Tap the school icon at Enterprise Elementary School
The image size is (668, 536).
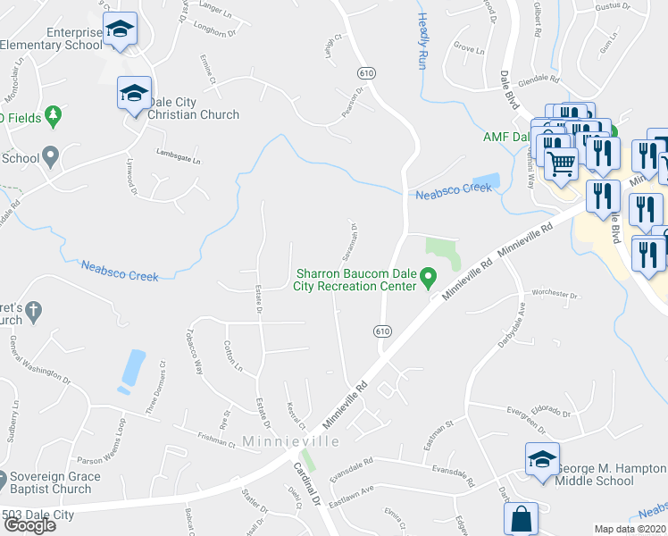click(x=120, y=29)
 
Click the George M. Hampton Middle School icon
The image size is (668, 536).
click(x=542, y=460)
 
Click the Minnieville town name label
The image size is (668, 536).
click(x=290, y=441)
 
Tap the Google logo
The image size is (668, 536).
click(x=29, y=525)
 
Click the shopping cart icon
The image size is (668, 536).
click(x=561, y=163)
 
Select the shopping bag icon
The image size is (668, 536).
click(x=520, y=519)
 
